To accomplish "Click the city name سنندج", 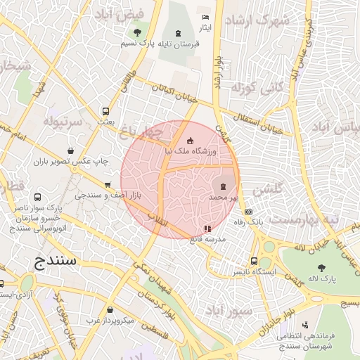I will click(x=58, y=263).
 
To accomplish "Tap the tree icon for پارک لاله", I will click(x=321, y=268).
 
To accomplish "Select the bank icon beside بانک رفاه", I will click(x=248, y=212).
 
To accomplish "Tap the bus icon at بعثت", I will click(x=105, y=111).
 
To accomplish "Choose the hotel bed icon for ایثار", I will click(x=205, y=17).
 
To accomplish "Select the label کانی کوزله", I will click(x=261, y=89).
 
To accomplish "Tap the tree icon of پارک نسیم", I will click(x=136, y=32).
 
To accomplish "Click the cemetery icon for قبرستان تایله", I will click(x=177, y=32).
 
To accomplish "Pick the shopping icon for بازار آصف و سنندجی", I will click(x=107, y=185).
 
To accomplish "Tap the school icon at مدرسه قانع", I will click(x=207, y=229).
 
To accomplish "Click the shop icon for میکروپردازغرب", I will click(x=110, y=310).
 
